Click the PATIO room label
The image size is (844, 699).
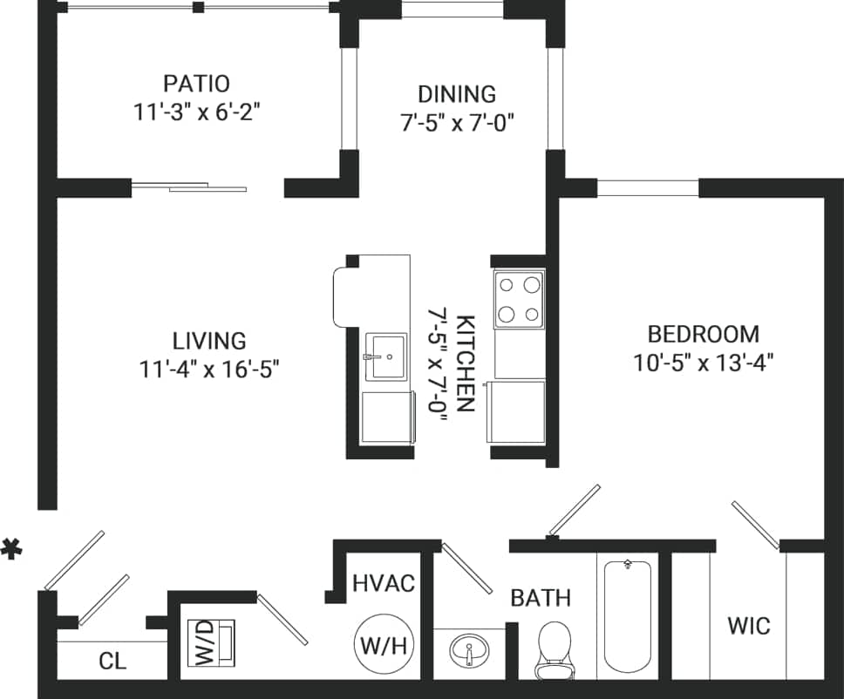196,84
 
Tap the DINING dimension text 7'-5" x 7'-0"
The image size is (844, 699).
457,122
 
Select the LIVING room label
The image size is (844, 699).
208,341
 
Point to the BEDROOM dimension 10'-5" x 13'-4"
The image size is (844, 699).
704,362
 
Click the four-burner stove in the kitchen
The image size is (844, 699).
519,299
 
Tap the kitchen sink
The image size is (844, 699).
385,356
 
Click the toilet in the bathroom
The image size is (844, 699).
554,648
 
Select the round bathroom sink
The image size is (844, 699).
469,650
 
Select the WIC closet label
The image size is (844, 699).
749,626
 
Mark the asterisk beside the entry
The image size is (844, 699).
10,550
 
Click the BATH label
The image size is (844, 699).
541,598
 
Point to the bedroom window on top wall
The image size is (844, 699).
647,188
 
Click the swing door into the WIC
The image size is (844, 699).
755,526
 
